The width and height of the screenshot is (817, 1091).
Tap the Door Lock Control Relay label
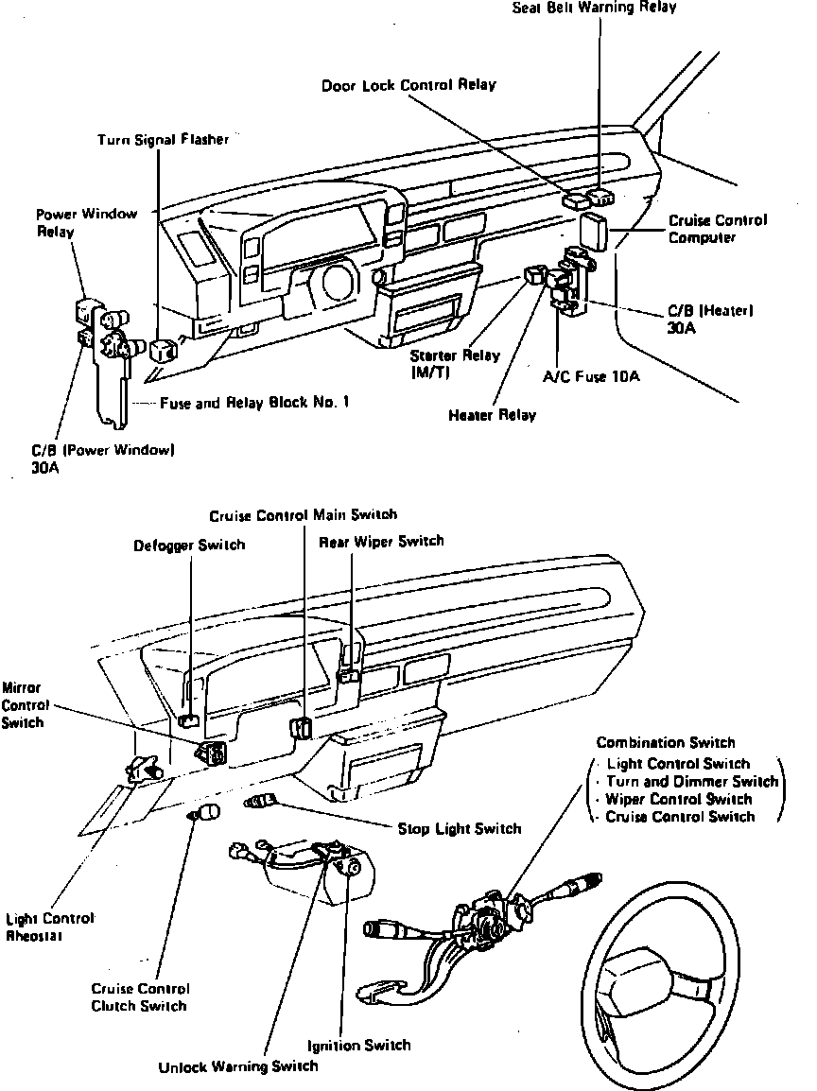tap(408, 85)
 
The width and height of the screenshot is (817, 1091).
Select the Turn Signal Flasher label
tap(163, 140)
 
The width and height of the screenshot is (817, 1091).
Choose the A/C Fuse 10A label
tap(591, 376)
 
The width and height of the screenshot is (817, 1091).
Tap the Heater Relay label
tap(492, 415)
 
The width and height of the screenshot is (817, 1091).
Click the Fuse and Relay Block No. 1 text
tap(254, 402)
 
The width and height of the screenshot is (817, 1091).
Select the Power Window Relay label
tap(86, 222)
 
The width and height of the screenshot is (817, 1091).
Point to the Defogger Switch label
tap(189, 545)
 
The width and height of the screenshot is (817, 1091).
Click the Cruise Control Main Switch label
tap(303, 515)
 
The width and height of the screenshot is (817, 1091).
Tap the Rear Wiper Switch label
tap(380, 542)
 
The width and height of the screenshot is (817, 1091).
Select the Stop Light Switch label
tap(459, 829)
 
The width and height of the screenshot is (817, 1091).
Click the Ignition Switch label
tap(359, 1045)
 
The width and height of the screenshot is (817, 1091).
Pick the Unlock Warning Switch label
tap(238, 1066)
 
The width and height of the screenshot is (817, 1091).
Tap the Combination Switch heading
tap(665, 743)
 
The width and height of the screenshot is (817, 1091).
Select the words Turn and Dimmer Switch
tap(692, 782)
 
